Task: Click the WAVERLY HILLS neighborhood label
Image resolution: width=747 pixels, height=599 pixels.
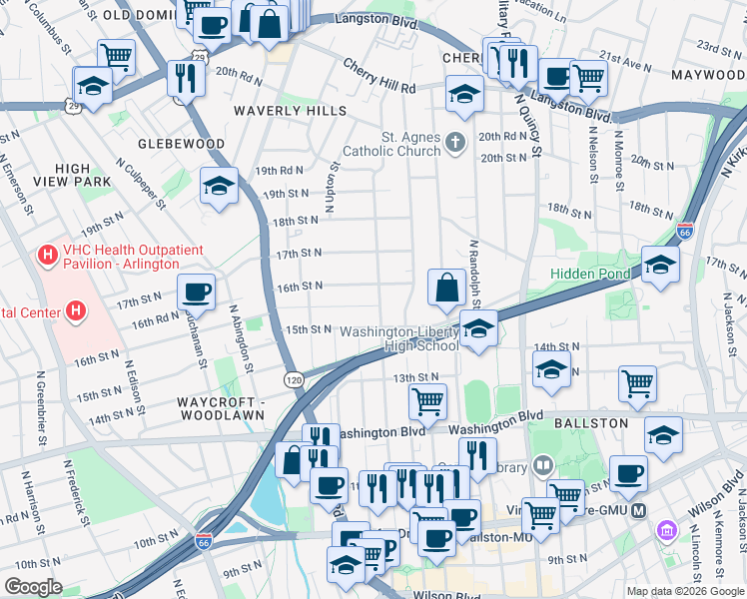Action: tap(290, 111)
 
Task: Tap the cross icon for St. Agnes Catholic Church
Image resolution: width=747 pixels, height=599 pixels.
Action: tap(456, 143)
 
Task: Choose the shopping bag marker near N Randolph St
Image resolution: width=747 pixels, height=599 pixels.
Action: tap(443, 288)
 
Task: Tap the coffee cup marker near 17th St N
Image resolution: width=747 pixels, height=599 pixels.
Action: tap(196, 292)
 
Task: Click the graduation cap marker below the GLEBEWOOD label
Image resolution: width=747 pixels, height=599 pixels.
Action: tap(219, 186)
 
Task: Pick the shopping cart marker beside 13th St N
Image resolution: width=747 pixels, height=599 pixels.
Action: tap(427, 401)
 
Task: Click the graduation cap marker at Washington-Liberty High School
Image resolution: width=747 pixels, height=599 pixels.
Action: tap(478, 327)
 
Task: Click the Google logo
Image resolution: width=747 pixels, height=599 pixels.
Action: tap(34, 586)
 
